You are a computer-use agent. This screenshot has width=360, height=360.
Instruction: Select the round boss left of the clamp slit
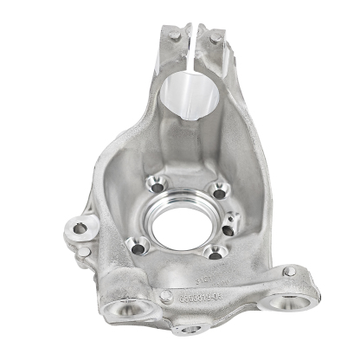pyautogui.click(x=176, y=35)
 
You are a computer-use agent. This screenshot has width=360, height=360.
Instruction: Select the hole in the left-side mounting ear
pyautogui.click(x=80, y=228)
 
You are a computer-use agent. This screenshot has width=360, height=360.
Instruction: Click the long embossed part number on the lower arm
pyautogui.click(x=202, y=293)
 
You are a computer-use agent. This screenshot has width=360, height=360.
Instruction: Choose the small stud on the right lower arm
pyautogui.click(x=286, y=271)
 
